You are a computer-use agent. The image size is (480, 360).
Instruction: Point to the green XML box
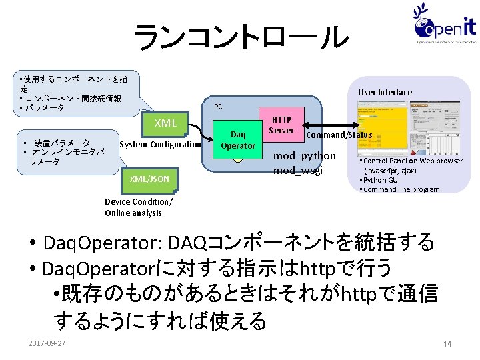coord(165,123)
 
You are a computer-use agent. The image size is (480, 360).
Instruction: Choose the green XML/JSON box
coord(149,179)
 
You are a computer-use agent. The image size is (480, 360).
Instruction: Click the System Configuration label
coord(160,145)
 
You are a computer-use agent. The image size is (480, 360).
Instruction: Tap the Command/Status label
coord(339,135)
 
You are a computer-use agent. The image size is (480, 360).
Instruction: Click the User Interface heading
coord(385,92)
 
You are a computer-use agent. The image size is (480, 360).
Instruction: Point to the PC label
coord(218,107)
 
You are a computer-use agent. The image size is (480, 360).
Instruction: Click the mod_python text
coord(305,156)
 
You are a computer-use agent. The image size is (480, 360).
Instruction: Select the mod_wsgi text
coord(298,170)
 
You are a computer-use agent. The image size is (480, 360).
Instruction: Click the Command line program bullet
coord(401,189)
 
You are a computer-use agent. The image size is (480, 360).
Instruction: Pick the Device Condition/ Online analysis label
coord(138,207)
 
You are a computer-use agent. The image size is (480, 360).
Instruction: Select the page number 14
coord(447,343)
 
